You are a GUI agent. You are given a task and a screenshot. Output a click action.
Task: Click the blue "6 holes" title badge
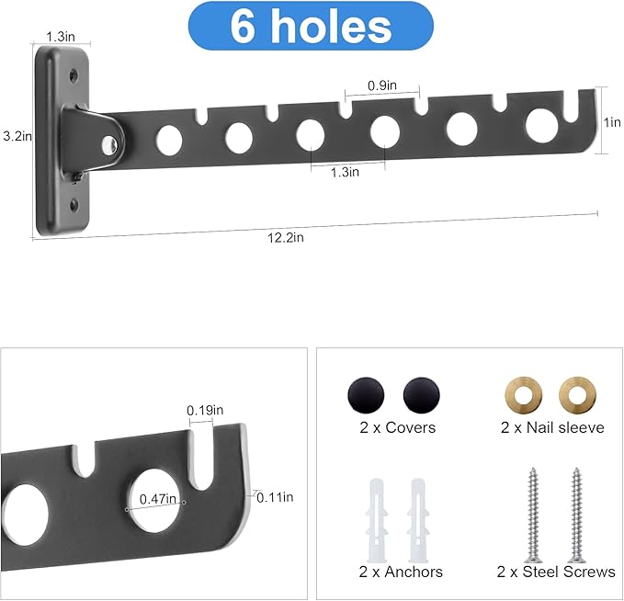tap(311, 26)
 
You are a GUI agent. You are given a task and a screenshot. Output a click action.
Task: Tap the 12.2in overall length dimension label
tap(285, 238)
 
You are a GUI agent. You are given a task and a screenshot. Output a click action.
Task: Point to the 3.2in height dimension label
tap(17, 136)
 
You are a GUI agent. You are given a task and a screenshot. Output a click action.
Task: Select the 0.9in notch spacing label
tap(382, 85)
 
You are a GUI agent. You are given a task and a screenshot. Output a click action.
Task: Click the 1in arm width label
tap(612, 122)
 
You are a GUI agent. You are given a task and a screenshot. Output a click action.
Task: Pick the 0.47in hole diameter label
tap(157, 498)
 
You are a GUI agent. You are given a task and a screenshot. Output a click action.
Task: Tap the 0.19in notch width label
tap(205, 410)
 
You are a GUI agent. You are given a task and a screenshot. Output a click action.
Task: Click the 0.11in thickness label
tap(275, 497)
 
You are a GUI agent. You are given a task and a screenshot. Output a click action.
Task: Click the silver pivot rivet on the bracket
tap(109, 145)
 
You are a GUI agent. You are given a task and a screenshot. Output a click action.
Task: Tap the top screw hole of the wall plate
tap(74, 75)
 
